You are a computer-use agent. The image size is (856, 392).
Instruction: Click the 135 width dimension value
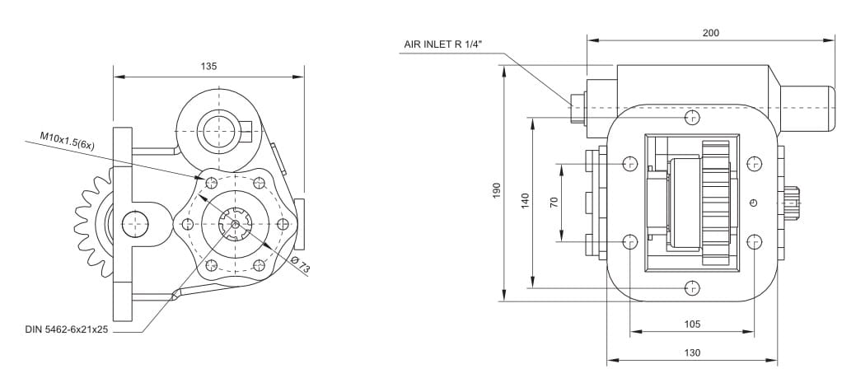(x=208, y=67)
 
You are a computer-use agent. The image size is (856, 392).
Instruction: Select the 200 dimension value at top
(x=710, y=33)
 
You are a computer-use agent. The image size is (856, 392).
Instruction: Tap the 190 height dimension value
(x=497, y=190)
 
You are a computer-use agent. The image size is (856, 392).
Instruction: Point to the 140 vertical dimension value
(x=525, y=201)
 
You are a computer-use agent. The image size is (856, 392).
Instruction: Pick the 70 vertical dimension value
(x=554, y=202)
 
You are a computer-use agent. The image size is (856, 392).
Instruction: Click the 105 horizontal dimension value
(x=692, y=324)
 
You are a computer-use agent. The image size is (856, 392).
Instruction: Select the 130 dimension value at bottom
(x=692, y=352)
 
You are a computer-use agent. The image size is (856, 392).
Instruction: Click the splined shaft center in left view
(x=236, y=223)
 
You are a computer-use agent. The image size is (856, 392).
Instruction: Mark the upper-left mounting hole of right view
(x=630, y=162)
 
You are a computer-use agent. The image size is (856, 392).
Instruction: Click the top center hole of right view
(x=691, y=119)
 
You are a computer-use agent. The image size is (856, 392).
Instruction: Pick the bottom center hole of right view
(x=691, y=288)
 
